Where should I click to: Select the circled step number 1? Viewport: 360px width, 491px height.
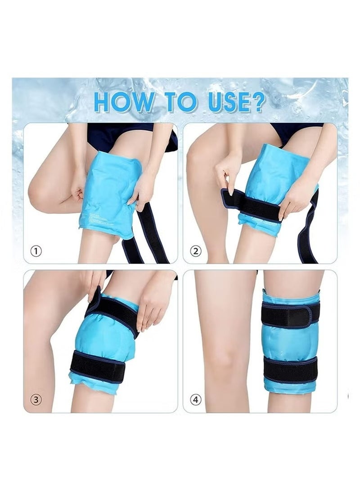tap(36, 251)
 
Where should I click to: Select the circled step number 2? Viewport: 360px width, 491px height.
tap(195, 251)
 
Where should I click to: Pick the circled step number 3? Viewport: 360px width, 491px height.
tap(36, 398)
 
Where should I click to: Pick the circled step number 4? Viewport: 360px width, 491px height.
tap(195, 398)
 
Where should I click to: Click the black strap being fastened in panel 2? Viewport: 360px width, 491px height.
tap(256, 207)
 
